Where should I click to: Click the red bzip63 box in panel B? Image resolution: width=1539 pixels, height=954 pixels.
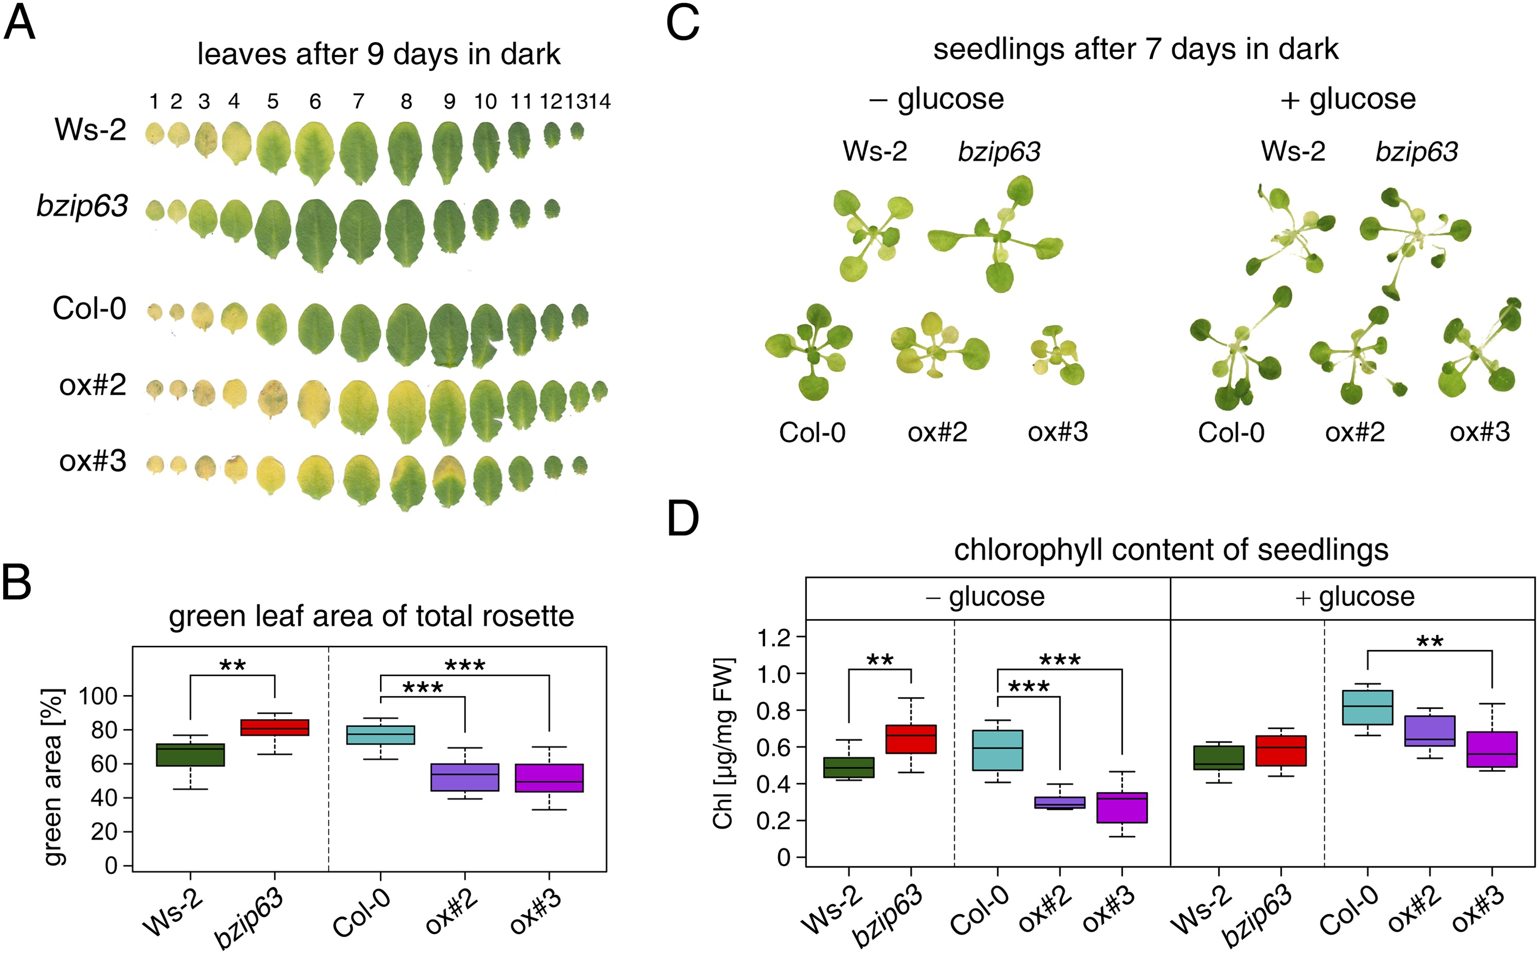(274, 728)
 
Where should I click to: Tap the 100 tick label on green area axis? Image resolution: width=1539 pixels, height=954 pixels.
(98, 697)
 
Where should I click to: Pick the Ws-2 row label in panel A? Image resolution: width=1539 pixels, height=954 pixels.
(90, 130)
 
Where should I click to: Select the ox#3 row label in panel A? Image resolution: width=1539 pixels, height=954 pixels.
(92, 461)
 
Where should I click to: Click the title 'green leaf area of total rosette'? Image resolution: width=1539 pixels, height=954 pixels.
(371, 616)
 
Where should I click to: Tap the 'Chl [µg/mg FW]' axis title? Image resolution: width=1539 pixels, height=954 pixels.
(723, 743)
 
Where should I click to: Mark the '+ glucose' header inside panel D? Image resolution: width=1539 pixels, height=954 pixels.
(1354, 597)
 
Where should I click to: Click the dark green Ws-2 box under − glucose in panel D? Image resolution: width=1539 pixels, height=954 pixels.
(849, 767)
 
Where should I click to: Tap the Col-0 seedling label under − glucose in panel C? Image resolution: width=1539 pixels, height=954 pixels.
(812, 433)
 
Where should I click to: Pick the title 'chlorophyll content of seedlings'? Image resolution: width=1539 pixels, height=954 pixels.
(1170, 550)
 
